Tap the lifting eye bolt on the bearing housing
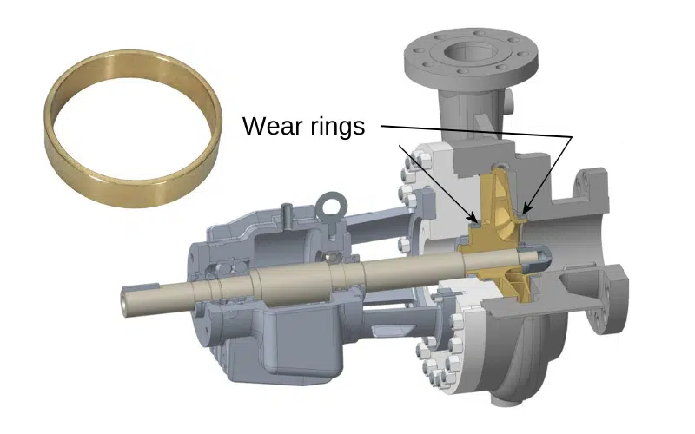pyautogui.click(x=328, y=207)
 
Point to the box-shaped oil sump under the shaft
pyautogui.click(x=295, y=334)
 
